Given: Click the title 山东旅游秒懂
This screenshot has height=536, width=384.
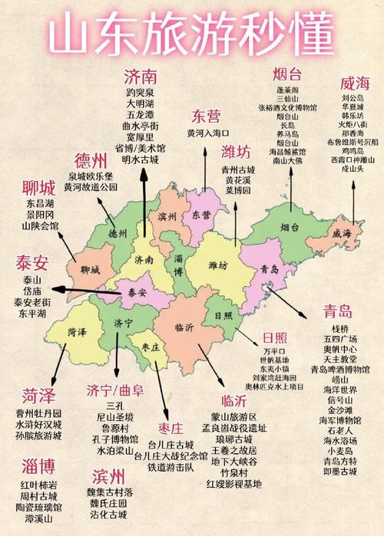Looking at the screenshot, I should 192,35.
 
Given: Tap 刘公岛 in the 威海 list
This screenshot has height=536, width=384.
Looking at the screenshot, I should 353,99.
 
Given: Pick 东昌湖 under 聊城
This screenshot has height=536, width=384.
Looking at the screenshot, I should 40,205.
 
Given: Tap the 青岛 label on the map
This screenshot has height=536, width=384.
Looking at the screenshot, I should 270,269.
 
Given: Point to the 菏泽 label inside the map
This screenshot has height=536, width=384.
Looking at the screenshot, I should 77,332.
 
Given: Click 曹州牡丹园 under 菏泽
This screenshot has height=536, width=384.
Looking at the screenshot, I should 39,413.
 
